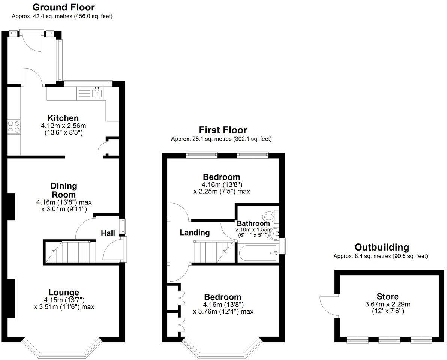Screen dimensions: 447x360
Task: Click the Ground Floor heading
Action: click(x=64, y=7)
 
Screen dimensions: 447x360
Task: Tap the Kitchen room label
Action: click(x=63, y=118)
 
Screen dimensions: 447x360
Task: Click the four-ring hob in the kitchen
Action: click(x=14, y=126)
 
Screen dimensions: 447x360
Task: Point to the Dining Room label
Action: click(x=64, y=190)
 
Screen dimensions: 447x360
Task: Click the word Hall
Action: click(x=108, y=233)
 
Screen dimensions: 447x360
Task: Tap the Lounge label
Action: click(x=64, y=292)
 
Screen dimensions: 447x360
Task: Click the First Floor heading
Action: click(x=223, y=130)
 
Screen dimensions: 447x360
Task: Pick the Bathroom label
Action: click(x=253, y=223)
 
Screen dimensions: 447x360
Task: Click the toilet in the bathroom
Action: click(x=271, y=217)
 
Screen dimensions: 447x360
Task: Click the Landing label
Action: click(x=195, y=232)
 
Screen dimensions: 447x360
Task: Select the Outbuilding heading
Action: click(x=382, y=247)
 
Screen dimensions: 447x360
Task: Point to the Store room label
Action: click(x=387, y=296)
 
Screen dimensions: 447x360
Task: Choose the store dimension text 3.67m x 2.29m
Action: click(x=388, y=304)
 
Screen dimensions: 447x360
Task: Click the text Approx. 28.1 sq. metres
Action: click(x=201, y=139)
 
